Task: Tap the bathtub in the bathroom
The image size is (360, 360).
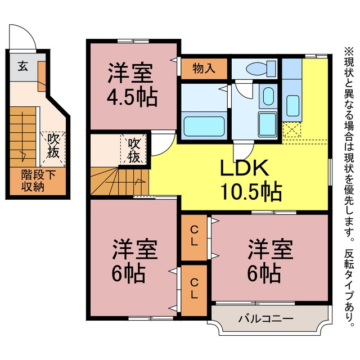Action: pyautogui.click(x=204, y=126)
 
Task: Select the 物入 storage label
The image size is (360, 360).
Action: pyautogui.click(x=204, y=68)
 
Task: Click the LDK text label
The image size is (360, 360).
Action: pyautogui.click(x=245, y=168)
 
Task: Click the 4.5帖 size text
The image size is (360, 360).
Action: pyautogui.click(x=132, y=97)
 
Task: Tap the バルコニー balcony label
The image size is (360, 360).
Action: pyautogui.click(x=266, y=319)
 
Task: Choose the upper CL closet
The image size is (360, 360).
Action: pyautogui.click(x=194, y=237)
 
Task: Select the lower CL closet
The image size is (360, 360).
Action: pyautogui.click(x=194, y=291)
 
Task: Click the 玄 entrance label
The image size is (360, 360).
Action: pyautogui.click(x=23, y=66)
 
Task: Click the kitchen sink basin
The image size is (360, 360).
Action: pyautogui.click(x=292, y=106)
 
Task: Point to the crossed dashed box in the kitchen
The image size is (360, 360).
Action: pyautogui.click(x=291, y=130)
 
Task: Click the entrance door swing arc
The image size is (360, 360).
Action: pyautogui.click(x=29, y=30)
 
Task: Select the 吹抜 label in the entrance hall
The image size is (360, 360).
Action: pyautogui.click(x=53, y=146)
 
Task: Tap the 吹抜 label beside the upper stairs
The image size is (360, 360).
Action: pyautogui.click(x=134, y=151)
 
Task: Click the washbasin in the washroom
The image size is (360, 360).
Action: pyautogui.click(x=268, y=96)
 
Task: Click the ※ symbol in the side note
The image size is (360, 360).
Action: pyautogui.click(x=349, y=51)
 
